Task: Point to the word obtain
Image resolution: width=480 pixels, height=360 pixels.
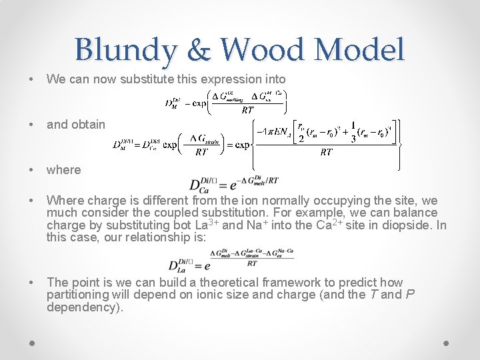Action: coord(86,124)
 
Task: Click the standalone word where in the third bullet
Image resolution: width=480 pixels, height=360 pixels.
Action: coord(63,169)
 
